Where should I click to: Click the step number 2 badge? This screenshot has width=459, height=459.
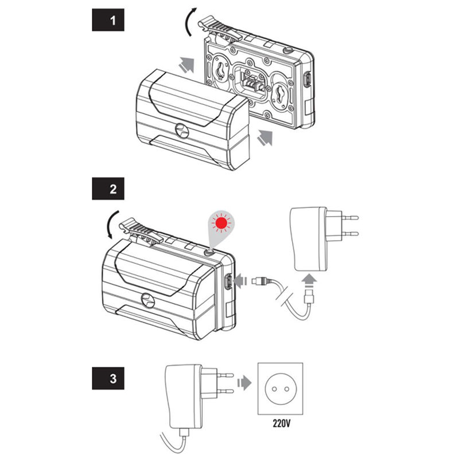click(108, 188)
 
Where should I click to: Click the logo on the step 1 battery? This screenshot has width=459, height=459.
click(181, 131)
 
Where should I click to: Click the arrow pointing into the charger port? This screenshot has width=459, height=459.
click(243, 281)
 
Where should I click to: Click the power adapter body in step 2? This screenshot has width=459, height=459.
click(308, 240)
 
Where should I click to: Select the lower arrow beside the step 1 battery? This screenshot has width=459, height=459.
click(264, 138)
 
